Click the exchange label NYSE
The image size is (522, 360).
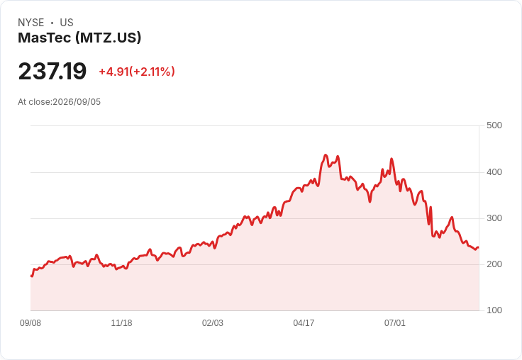point(31,23)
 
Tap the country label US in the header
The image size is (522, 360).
point(67,23)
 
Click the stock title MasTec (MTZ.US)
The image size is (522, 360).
point(79,38)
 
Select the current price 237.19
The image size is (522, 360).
point(52,71)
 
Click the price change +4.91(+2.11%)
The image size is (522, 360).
point(137,72)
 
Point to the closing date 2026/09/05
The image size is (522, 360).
point(77,102)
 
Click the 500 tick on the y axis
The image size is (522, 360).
point(494,125)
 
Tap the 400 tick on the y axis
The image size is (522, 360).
point(494,172)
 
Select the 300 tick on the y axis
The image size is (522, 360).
point(494,218)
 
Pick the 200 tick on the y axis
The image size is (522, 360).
point(494,264)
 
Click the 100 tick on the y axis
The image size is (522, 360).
point(494,310)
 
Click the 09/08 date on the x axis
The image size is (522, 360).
point(30,323)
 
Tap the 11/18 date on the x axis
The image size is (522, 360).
point(121,323)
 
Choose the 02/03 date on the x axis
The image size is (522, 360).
point(213,323)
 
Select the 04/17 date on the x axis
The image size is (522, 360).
point(304,323)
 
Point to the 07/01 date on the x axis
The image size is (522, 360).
point(395,323)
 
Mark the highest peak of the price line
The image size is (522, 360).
point(326,154)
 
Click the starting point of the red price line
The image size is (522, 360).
point(31,276)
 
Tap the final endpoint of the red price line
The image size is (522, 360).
point(479,247)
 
